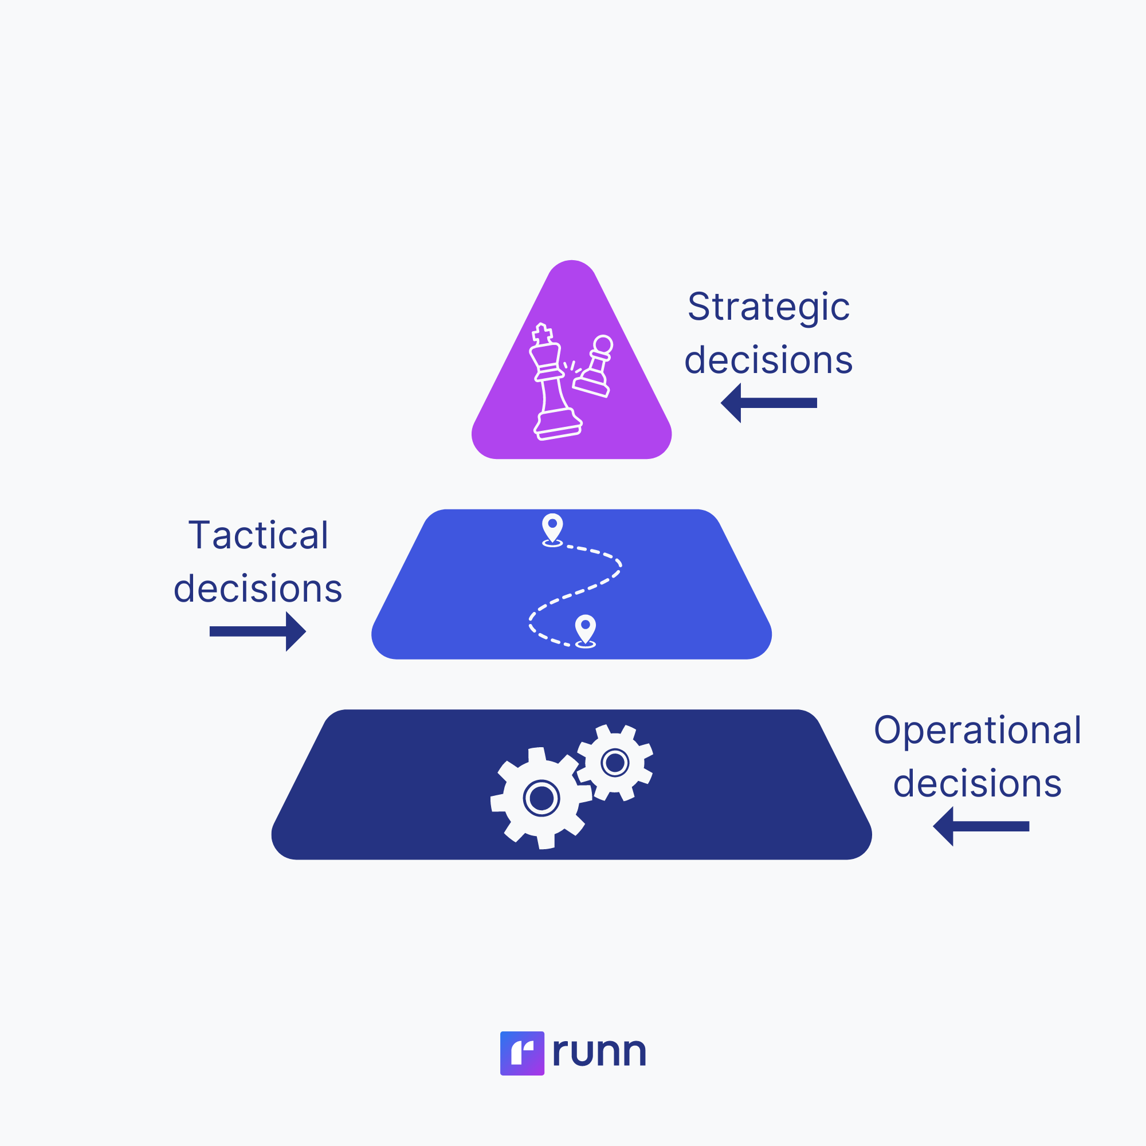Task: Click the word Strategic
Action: coord(769,307)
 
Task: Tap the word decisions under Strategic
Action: coord(769,360)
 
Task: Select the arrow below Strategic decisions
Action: coord(769,403)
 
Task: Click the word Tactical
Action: coord(258,535)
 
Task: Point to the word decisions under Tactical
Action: coord(258,588)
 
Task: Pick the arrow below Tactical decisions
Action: coord(258,631)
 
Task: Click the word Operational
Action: coord(978,730)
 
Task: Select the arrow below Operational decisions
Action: coord(981,826)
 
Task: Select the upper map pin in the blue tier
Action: coord(552,527)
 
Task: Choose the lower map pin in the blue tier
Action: coord(586,629)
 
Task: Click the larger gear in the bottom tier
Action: coord(541,798)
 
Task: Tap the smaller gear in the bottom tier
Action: coord(615,762)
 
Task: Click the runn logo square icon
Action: coord(522,1053)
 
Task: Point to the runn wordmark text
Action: coord(599,1052)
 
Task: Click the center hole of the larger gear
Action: coord(541,798)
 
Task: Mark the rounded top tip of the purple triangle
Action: coord(572,265)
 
